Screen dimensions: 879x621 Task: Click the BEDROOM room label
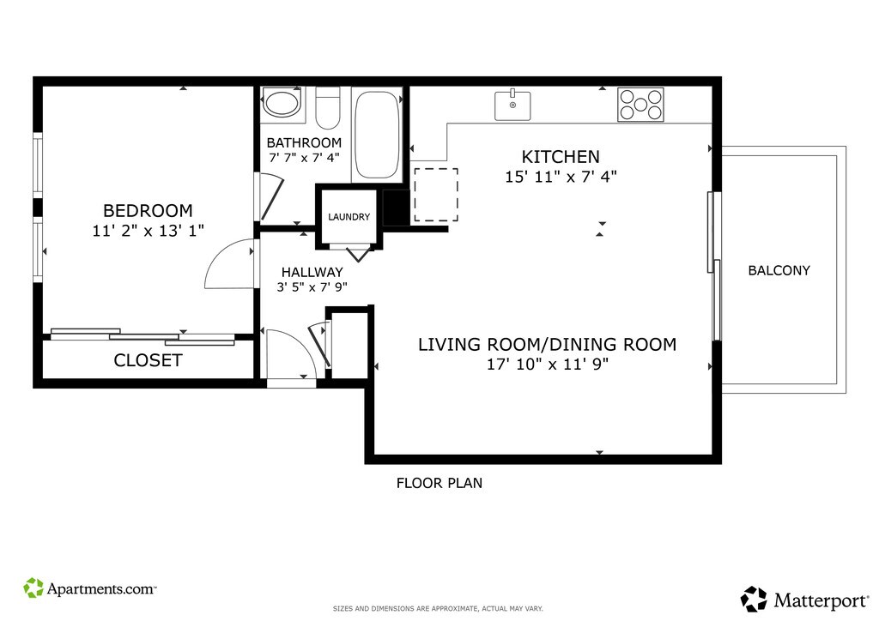[x=148, y=210]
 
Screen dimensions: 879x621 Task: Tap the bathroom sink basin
[x=282, y=103]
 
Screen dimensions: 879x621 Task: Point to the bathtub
[x=377, y=135]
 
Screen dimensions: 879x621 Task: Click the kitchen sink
[x=512, y=106]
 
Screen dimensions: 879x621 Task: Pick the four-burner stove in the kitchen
[x=640, y=104]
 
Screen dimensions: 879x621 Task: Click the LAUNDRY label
[x=349, y=217]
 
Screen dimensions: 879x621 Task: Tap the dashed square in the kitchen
[x=436, y=195]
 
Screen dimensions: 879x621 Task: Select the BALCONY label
[x=779, y=270]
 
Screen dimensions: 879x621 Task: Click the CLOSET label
[x=148, y=360]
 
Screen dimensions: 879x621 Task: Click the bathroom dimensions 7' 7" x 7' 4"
[x=305, y=158]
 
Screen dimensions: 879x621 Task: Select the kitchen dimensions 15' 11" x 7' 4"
[x=561, y=177]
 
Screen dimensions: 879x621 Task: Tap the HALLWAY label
[x=312, y=272]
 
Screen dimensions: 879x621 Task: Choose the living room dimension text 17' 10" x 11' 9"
[x=547, y=364]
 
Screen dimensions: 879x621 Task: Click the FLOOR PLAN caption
[x=439, y=483]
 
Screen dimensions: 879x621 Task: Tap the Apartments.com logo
[x=89, y=588]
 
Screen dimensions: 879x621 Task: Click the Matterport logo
[x=805, y=600]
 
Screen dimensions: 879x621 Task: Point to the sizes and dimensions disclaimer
[x=438, y=608]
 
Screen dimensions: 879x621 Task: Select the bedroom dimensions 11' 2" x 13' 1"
[x=148, y=230]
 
